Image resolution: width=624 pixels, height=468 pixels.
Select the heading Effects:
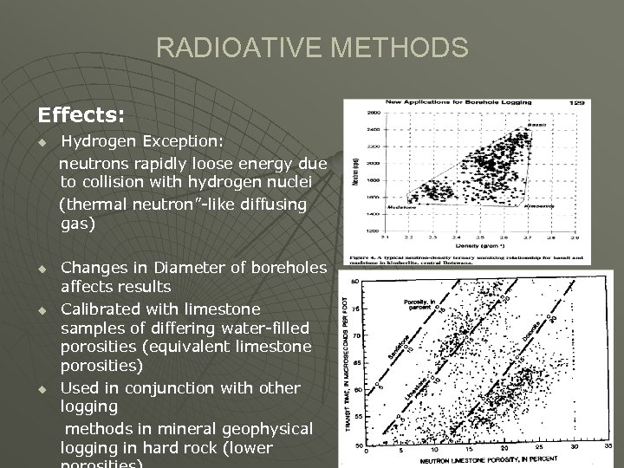click(81, 114)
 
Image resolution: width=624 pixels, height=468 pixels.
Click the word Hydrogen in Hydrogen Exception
click(95, 140)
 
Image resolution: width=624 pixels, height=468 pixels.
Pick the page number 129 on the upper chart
click(576, 103)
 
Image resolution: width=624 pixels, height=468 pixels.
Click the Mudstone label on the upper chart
click(401, 207)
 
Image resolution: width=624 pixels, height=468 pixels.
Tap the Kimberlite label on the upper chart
click(539, 206)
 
